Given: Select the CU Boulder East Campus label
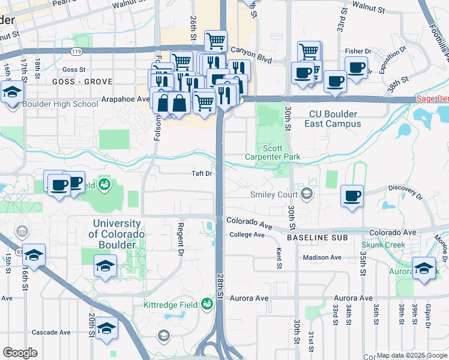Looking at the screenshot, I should [335, 119].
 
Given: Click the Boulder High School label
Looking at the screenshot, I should [60, 104].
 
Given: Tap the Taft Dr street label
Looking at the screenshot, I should [202, 173].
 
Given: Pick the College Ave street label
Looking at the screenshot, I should [247, 235].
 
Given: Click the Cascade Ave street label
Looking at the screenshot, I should [51, 332].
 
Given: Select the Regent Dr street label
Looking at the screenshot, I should [179, 239].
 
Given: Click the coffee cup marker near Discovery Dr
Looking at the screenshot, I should [352, 196].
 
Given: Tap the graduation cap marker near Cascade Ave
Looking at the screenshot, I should [106, 328].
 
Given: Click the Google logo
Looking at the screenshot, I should [20, 353].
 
